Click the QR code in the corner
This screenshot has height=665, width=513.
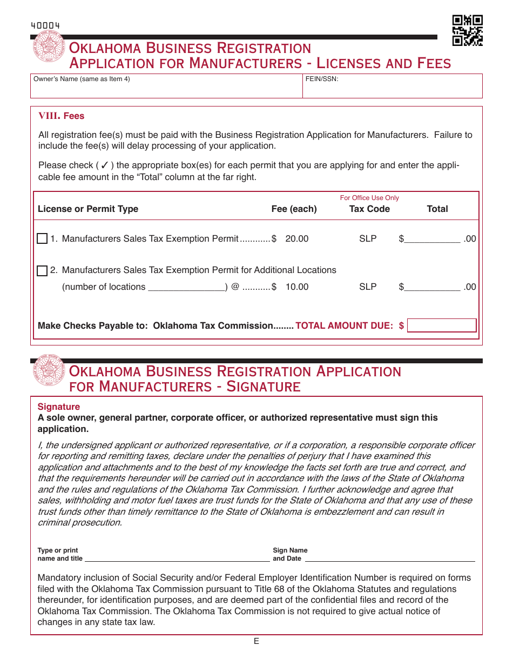coord(467,30)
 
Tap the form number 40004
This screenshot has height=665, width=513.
coord(45,25)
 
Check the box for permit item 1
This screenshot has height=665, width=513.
coord(42,239)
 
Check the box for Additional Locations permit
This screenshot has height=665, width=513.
coord(42,271)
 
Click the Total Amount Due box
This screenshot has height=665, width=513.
coord(442,325)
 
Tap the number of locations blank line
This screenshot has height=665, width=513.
coord(186,287)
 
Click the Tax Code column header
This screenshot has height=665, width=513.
coord(369,209)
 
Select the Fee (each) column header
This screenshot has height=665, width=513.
coord(294,209)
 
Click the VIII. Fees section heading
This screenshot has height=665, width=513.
coord(61,116)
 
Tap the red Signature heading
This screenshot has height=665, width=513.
coord(58,407)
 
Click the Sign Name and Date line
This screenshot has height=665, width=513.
coord(390,558)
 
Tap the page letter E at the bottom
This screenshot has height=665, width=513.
coord(256,641)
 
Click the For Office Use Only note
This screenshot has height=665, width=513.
coord(369,198)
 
